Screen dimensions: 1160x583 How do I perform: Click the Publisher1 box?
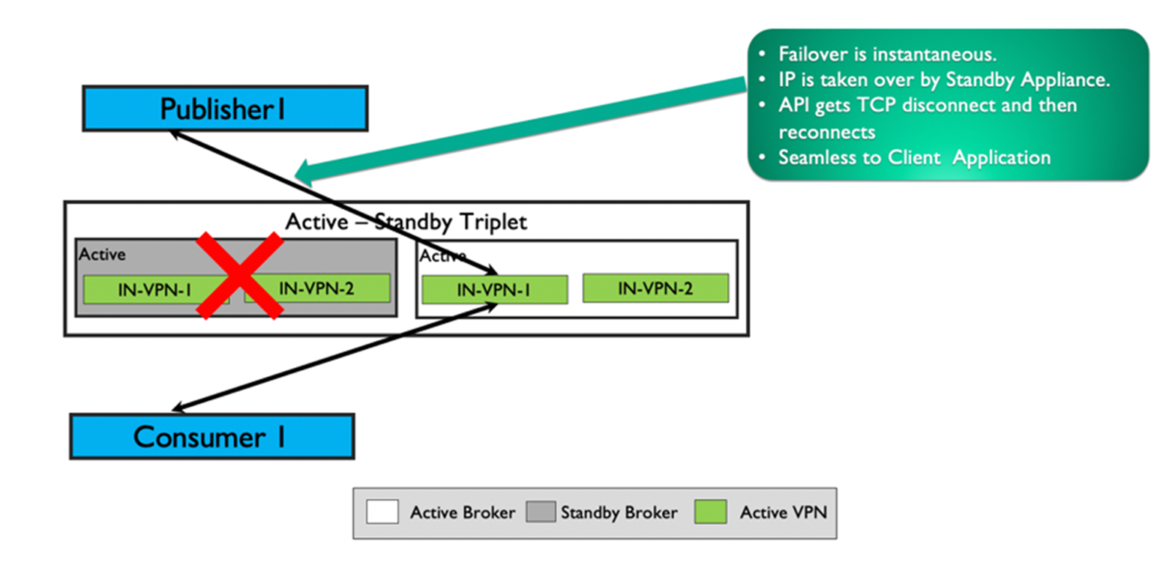(224, 108)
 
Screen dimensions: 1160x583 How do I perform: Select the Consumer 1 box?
(212, 436)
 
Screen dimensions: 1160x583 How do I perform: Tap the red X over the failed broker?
(240, 275)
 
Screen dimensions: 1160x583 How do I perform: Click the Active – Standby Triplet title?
(406, 221)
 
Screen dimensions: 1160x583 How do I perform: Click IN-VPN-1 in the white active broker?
(495, 289)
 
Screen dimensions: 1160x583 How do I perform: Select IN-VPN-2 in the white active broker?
(654, 287)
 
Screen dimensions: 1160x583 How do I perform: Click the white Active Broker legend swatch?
(383, 511)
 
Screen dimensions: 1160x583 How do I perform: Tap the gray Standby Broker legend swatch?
(540, 511)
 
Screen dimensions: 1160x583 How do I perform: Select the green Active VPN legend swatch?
(710, 511)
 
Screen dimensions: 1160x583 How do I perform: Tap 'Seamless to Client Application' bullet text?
(913, 157)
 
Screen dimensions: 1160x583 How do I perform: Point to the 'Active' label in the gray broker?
(101, 254)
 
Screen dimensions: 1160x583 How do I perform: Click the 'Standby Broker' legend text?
(619, 512)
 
